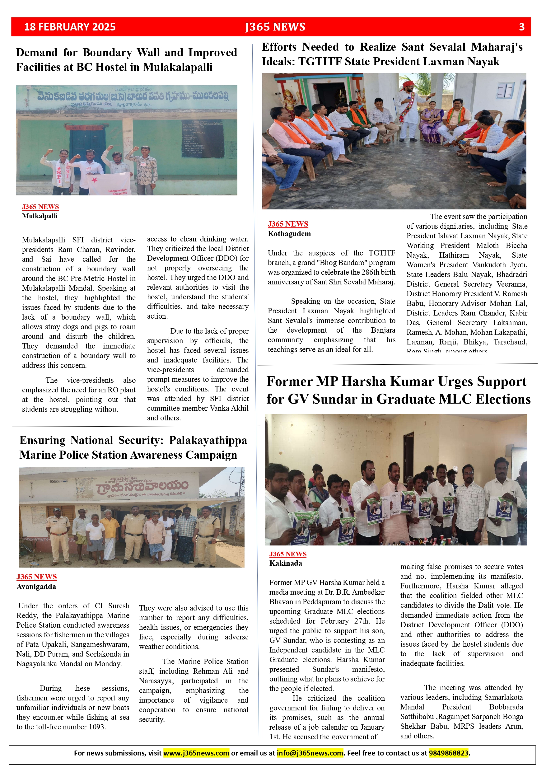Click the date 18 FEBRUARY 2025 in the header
click(70, 27)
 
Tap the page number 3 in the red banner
click(521, 27)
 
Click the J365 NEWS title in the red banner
click(275, 27)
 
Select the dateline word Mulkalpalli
click(40, 216)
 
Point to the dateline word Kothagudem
click(289, 234)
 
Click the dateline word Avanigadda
click(36, 587)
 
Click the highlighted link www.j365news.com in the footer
click(196, 753)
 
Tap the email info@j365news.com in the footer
click(310, 753)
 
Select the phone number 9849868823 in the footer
click(449, 753)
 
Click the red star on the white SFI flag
click(95, 180)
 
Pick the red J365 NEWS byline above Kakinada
click(288, 554)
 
